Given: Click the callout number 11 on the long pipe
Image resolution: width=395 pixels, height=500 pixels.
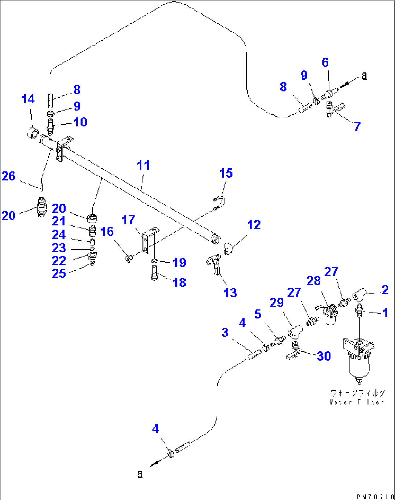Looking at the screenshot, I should tap(143, 165).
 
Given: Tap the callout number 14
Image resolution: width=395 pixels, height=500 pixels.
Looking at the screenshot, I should tap(28, 99).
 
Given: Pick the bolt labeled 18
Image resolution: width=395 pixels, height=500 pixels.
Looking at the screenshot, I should tap(154, 272).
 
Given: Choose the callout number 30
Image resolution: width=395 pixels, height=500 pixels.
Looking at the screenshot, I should tap(324, 356).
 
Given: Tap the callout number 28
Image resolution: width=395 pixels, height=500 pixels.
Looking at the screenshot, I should tap(313, 281).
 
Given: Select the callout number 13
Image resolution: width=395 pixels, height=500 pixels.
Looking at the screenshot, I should tap(230, 293).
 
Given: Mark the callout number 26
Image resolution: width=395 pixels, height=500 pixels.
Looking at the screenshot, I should tap(9, 176).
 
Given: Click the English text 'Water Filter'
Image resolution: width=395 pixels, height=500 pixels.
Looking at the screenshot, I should tap(357, 402).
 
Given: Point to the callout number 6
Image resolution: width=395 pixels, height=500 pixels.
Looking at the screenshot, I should tap(325, 62).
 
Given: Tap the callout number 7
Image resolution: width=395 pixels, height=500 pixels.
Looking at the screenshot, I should tap(357, 127).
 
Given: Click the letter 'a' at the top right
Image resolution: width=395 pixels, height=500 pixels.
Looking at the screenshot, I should tap(364, 76).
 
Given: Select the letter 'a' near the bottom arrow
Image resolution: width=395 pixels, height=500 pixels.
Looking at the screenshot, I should tap(140, 473).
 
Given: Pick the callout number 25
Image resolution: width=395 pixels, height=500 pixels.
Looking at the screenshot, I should tap(59, 273).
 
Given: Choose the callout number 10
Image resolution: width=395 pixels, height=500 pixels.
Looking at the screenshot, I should tap(80, 122).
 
